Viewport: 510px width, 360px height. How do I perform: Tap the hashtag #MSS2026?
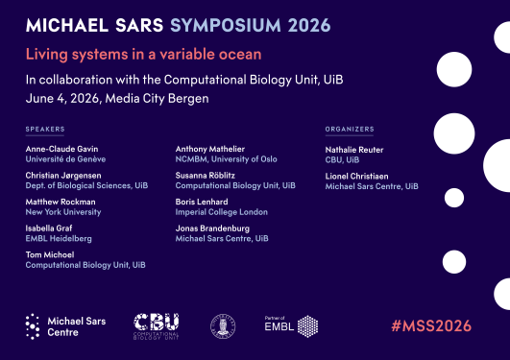430,325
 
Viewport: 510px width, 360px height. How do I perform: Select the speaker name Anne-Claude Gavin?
58,149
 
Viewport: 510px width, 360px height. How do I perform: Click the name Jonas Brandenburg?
212,228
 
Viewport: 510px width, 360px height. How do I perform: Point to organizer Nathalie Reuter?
356,149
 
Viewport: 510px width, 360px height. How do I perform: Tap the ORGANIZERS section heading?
350,129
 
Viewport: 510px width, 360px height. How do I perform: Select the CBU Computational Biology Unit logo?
156,325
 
